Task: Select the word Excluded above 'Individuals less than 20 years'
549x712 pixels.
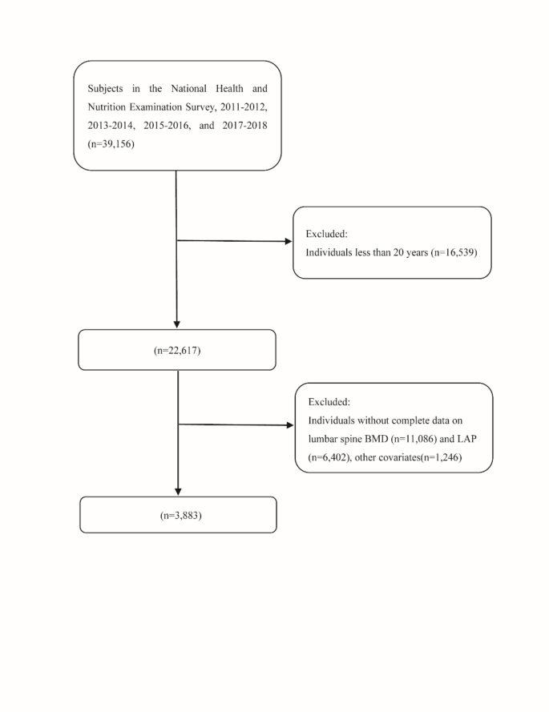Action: click(x=326, y=235)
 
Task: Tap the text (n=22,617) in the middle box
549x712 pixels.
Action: click(x=176, y=350)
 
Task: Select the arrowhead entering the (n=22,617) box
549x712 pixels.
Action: click(x=176, y=324)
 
